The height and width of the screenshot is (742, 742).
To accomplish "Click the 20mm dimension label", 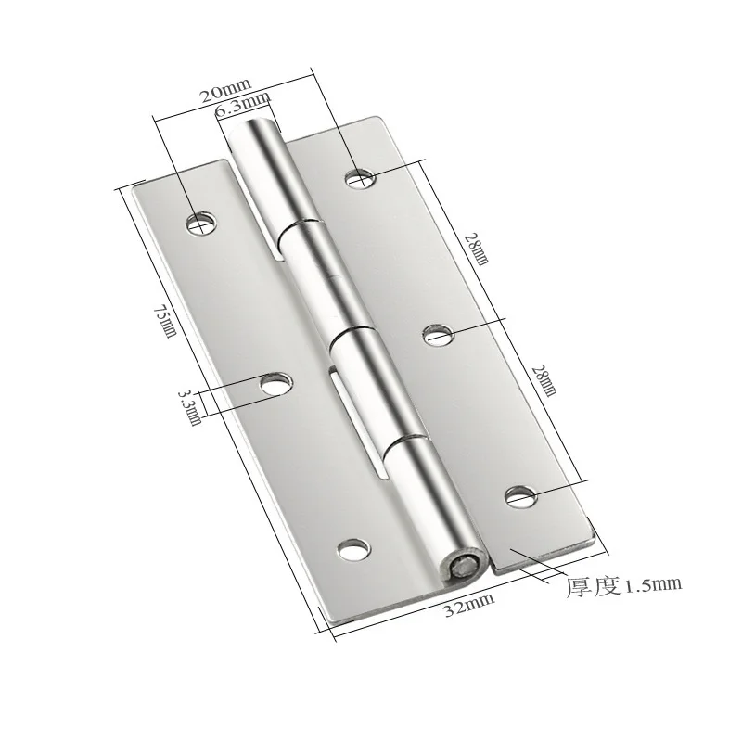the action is click(224, 90).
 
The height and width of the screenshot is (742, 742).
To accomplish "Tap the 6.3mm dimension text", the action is click(242, 104).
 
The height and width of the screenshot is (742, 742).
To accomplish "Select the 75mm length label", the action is click(165, 320).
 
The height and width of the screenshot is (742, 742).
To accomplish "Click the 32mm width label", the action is click(469, 605).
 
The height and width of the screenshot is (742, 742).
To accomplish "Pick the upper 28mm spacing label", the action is click(476, 249).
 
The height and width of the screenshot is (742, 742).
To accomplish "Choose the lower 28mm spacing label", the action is click(544, 379).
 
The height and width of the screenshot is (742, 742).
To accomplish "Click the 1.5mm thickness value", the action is click(653, 585).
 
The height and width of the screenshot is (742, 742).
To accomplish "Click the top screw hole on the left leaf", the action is click(201, 223).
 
